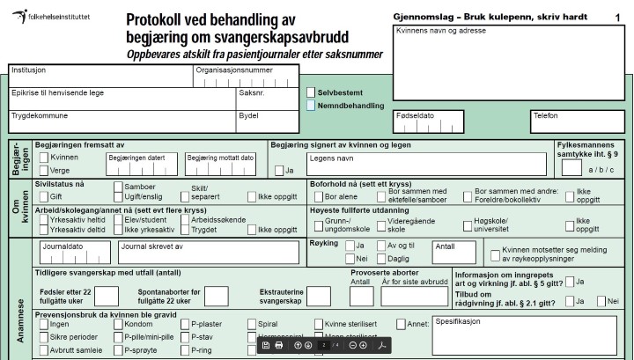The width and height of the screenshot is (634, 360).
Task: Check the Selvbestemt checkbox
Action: pyautogui.click(x=311, y=92)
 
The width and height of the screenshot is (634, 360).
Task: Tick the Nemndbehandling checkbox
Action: pyautogui.click(x=311, y=106)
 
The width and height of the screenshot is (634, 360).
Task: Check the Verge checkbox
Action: pyautogui.click(x=44, y=171)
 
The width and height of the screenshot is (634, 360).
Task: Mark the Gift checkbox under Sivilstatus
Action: pyautogui.click(x=43, y=196)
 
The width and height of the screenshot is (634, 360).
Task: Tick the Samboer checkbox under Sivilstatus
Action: pyautogui.click(x=118, y=187)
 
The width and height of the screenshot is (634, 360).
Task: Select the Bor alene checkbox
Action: pyautogui.click(x=318, y=196)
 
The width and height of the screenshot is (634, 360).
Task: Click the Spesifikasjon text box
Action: pyautogui.click(x=524, y=335)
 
